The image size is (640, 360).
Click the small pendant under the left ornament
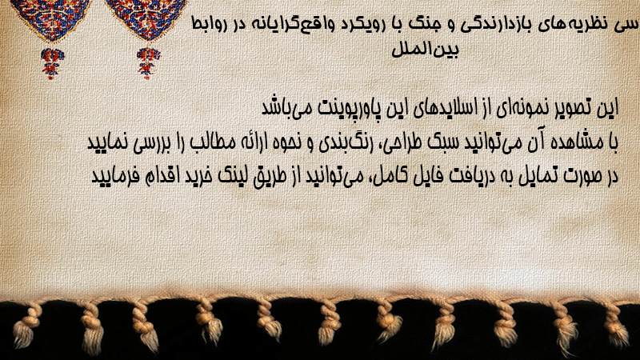pyautogui.click(x=52, y=63)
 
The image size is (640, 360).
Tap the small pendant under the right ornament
pyautogui.click(x=148, y=63)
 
